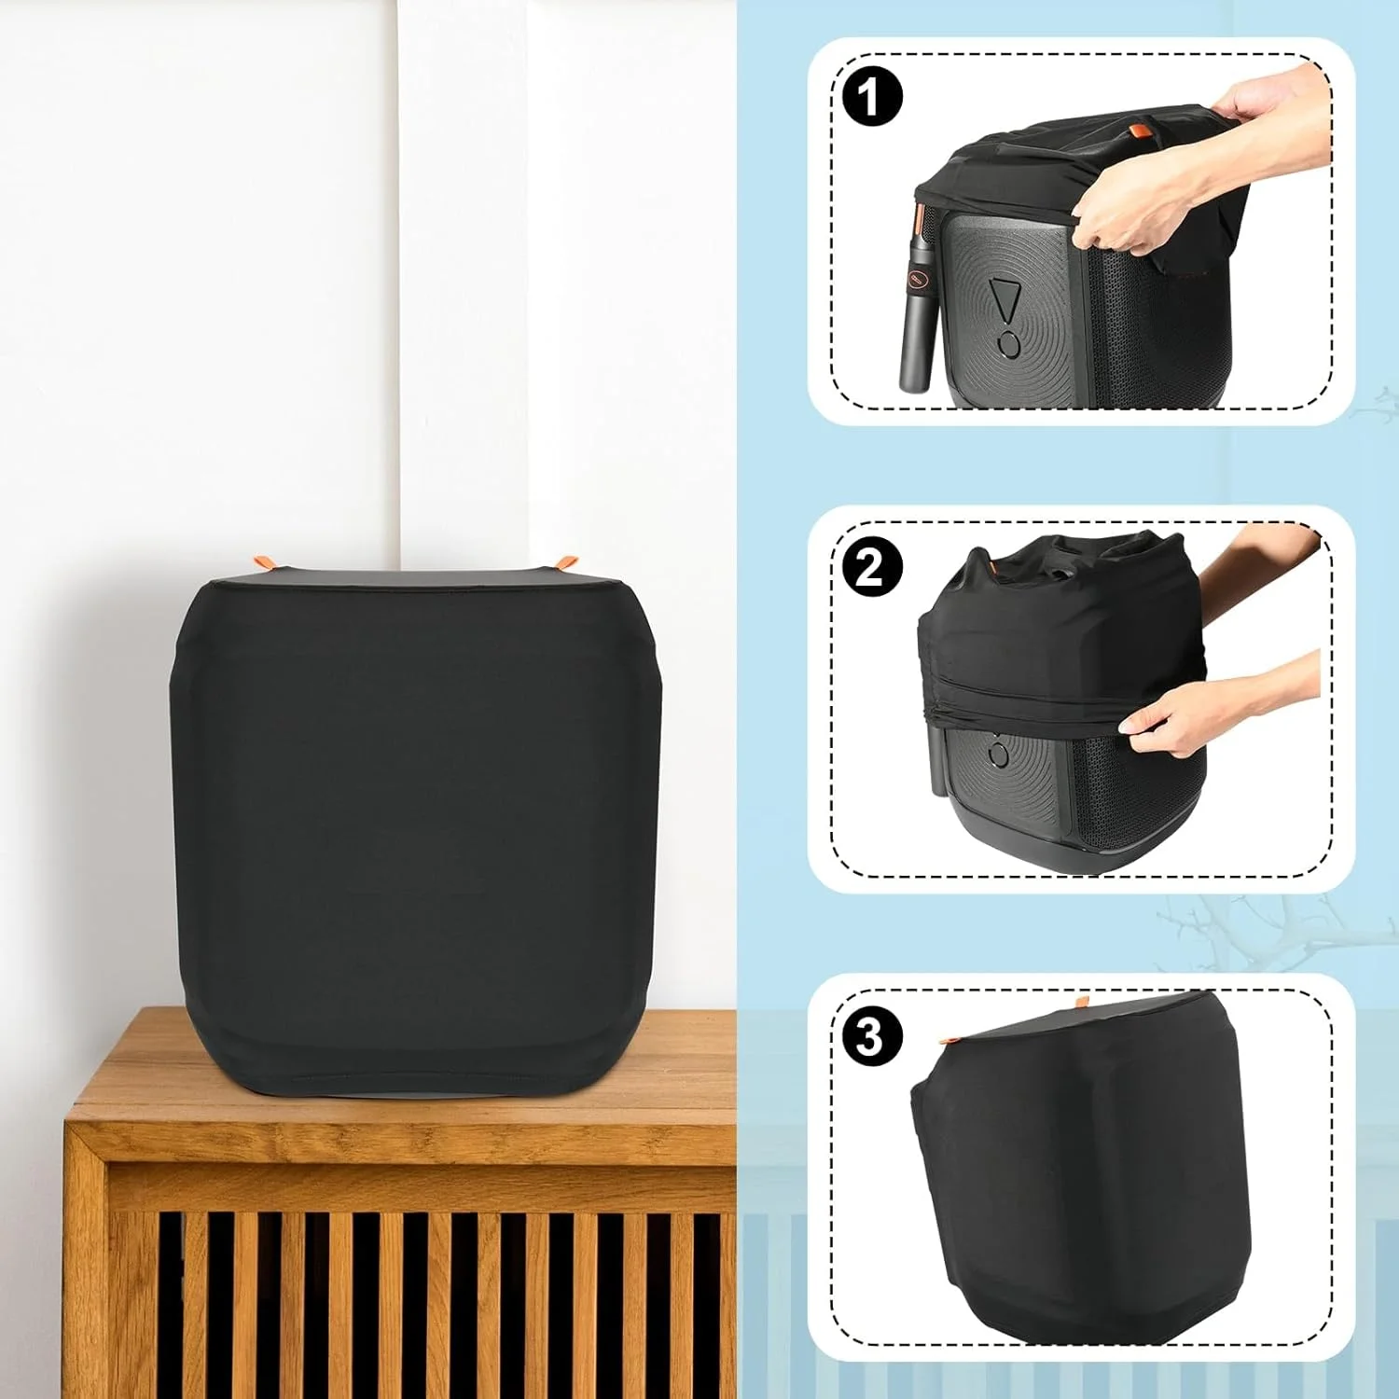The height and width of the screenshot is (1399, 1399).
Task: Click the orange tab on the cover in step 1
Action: [x=1137, y=131]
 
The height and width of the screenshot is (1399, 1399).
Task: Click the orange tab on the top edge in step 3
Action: [x=1081, y=1003]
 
